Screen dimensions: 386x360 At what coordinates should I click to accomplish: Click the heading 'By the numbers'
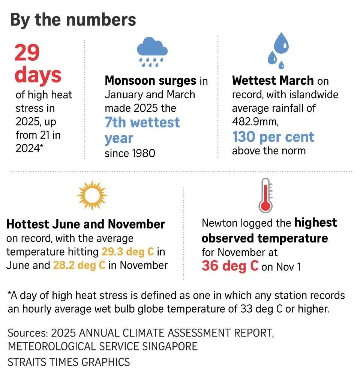(73, 20)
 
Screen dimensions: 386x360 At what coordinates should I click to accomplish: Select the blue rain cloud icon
(152, 52)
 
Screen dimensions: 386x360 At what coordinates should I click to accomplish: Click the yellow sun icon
(92, 195)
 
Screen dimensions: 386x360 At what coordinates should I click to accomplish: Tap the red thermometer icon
(265, 195)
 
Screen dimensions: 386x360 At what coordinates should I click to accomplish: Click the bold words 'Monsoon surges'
(150, 81)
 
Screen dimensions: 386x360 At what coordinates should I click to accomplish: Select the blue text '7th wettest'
(142, 123)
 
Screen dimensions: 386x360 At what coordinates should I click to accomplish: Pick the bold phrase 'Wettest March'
(273, 81)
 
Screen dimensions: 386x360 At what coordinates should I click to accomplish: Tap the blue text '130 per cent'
(273, 137)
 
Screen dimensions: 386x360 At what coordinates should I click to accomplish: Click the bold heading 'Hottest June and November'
(86, 224)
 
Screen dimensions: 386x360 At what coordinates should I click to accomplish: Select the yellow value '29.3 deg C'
(128, 251)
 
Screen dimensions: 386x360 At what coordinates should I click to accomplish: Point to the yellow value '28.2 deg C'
(79, 265)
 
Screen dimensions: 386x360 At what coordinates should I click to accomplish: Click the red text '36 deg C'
(230, 266)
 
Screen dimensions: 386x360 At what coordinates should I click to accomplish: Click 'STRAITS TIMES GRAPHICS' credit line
(69, 362)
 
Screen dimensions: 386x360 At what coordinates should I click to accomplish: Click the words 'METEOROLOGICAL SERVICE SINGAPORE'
(102, 346)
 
